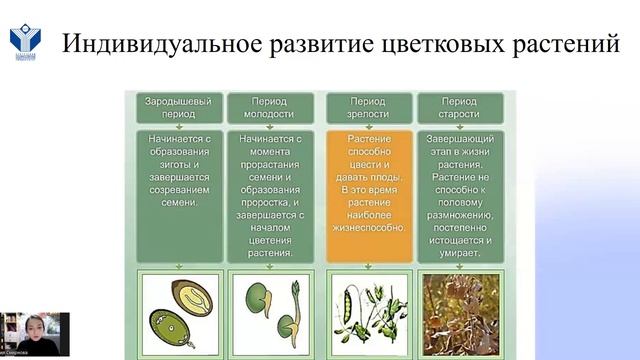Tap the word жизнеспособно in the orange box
coord(368,227)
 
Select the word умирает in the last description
coord(459,254)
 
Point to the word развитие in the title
coord(305,44)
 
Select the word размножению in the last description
coord(458,213)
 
